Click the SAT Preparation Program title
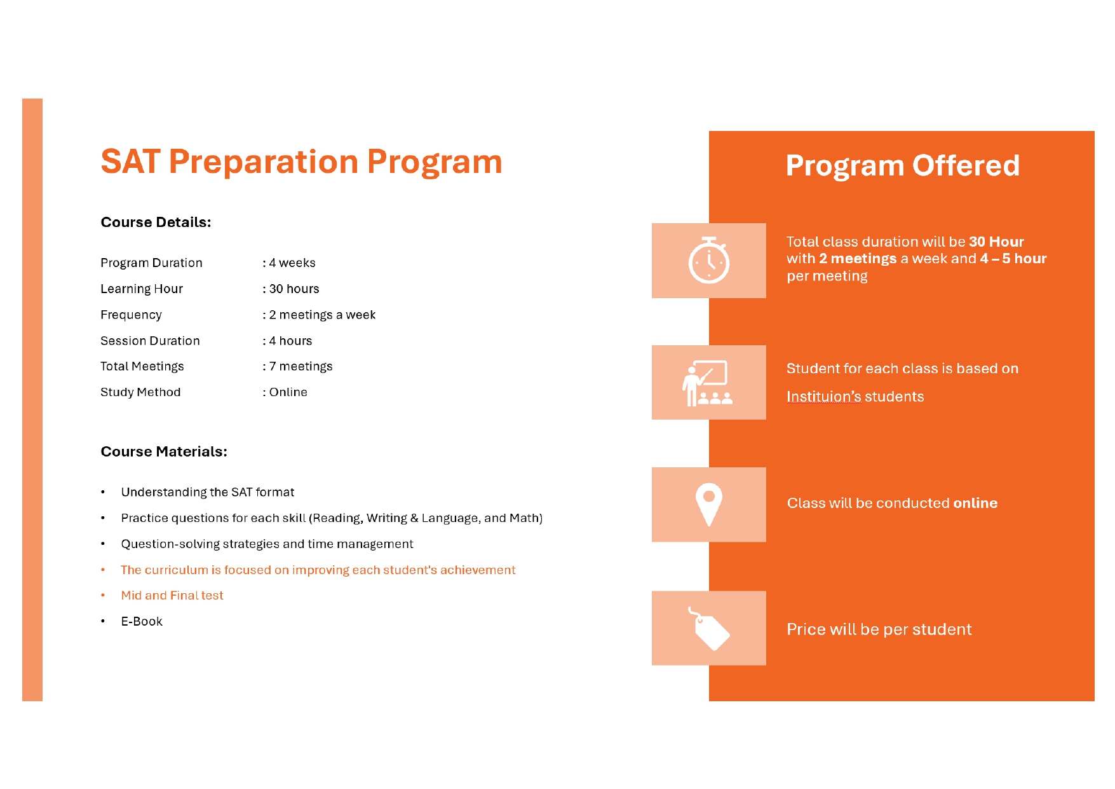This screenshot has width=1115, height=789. (301, 161)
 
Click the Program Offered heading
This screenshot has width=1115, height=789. (902, 166)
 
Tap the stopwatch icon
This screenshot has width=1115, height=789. (709, 260)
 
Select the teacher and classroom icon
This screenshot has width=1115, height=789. (707, 383)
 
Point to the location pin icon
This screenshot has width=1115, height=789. (709, 505)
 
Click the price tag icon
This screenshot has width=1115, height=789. (709, 629)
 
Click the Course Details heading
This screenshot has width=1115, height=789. (156, 223)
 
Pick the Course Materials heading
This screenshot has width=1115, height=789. (164, 452)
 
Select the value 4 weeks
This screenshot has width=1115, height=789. (292, 263)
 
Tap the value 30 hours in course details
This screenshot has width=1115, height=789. (294, 289)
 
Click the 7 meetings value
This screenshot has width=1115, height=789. (301, 367)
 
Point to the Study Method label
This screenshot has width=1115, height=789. (140, 392)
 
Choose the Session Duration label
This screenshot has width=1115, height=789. (150, 341)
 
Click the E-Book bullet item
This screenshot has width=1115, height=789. (142, 622)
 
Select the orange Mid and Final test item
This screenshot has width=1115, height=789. (172, 596)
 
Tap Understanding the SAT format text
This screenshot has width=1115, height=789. (208, 492)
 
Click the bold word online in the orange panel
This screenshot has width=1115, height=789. (975, 503)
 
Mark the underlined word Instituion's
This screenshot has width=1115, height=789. (823, 397)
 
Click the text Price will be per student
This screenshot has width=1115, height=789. (879, 629)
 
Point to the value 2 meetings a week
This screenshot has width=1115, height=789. (322, 315)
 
